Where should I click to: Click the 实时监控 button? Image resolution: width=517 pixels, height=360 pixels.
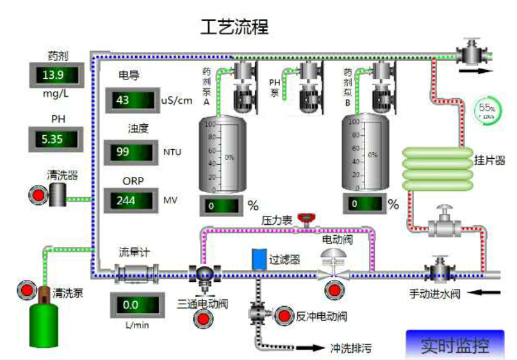point(454,346)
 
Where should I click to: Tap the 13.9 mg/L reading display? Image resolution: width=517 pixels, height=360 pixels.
point(56,75)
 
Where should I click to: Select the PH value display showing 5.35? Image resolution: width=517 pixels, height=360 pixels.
point(56,138)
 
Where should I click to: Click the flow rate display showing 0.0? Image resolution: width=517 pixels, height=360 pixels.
point(135,305)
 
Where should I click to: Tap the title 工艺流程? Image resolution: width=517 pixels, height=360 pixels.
point(235,27)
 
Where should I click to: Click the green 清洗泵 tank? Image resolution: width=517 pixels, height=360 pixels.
point(44,323)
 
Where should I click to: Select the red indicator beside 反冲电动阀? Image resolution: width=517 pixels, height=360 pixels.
point(283,315)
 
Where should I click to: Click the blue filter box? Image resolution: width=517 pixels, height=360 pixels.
point(259,258)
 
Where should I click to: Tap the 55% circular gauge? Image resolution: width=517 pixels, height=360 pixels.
point(485,110)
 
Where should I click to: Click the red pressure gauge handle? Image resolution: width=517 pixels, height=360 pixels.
point(307,217)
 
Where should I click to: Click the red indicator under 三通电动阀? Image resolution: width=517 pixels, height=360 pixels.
point(202,318)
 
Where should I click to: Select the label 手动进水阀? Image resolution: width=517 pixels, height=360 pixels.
point(435,295)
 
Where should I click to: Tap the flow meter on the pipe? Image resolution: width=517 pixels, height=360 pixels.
point(136,274)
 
